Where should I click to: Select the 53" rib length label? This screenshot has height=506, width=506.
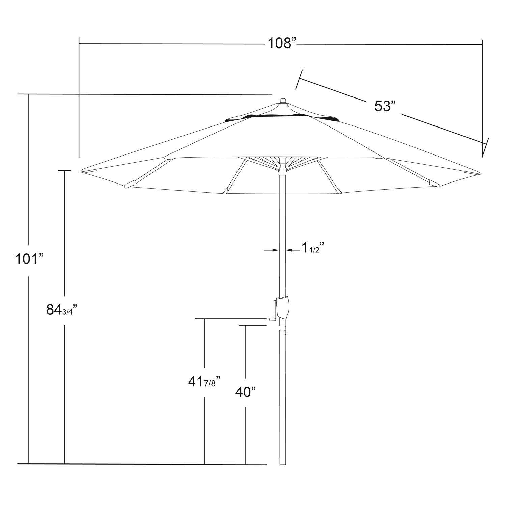coord(385,106)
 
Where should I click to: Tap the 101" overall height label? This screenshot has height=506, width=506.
coord(30,259)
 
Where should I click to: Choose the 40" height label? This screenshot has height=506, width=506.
coord(245,392)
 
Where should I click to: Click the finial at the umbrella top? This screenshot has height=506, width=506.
coord(283,101)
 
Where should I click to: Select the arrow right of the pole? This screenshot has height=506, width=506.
coord(293,250)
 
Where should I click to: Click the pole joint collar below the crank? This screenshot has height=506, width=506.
coord(282,328)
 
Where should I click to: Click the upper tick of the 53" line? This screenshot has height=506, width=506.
coord(299,80)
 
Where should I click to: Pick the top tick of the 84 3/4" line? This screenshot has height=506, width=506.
coord(64,171)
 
